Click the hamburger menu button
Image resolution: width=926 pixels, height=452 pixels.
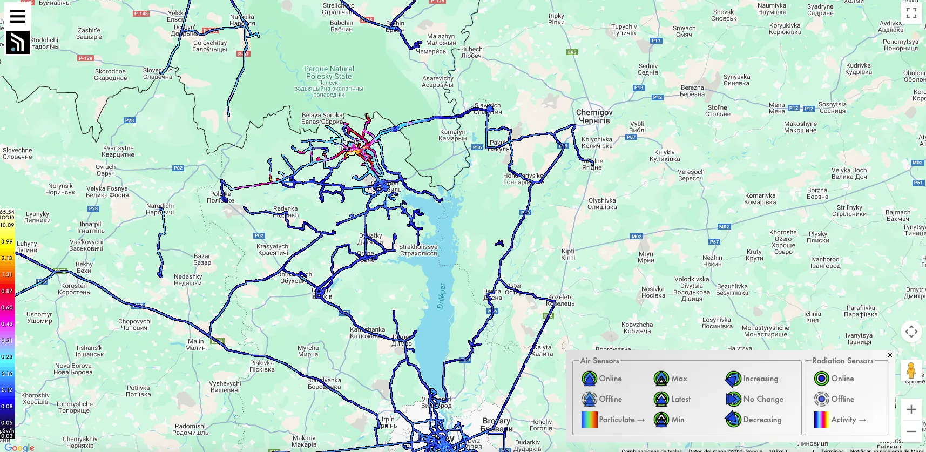point(18,16)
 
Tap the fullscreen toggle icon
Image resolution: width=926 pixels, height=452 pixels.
point(911,13)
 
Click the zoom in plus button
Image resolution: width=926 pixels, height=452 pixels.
point(911,409)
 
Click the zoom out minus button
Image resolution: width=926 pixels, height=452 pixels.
point(911,431)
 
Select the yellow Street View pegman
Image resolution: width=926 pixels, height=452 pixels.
point(911,370)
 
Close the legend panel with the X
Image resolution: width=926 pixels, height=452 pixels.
point(890,355)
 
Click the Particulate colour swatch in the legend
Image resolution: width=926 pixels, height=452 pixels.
point(589,420)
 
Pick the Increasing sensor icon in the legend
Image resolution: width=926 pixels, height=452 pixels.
point(733,379)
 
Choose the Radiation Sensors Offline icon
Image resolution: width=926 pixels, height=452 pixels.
point(821,399)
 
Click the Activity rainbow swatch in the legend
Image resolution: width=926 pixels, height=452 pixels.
point(821,420)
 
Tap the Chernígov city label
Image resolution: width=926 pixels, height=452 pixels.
point(594,116)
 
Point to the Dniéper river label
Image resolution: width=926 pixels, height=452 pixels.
point(442,296)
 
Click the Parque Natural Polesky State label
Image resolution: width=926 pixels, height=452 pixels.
point(329,73)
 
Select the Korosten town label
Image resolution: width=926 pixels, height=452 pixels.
point(74,289)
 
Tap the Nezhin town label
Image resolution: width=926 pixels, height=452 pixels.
point(712,261)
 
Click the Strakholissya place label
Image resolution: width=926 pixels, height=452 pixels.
point(418,250)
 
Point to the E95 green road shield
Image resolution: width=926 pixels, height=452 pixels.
point(572,52)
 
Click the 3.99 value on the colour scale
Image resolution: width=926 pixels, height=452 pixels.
point(7,241)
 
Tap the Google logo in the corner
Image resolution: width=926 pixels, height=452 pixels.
point(19,447)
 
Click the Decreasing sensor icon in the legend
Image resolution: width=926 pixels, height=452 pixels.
point(733,420)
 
